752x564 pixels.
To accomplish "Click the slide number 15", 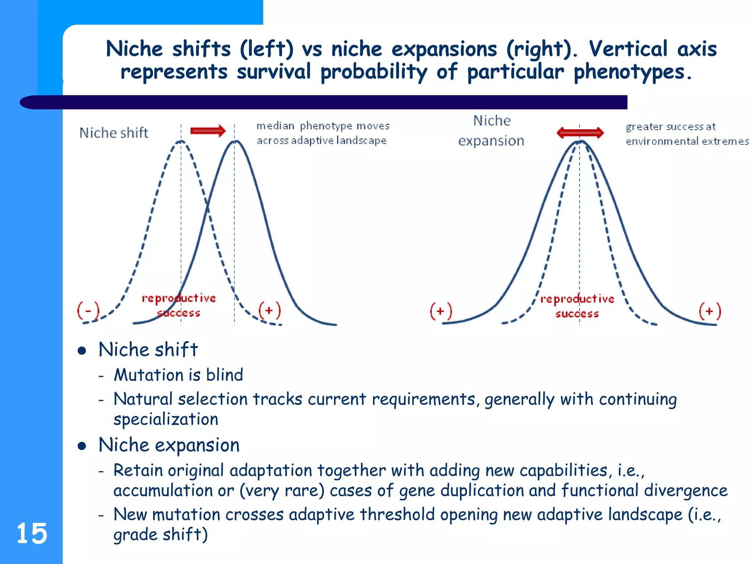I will coord(32,533).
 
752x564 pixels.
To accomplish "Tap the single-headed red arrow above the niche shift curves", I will coord(208,131).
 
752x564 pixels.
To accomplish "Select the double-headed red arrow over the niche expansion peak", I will coord(580,133).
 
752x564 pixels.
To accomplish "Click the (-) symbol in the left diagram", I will coord(88,311).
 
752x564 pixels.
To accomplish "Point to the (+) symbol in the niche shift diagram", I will coord(270,311).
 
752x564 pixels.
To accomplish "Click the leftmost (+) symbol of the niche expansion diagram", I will coord(441,311).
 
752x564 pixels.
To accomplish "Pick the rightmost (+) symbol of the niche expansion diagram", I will coord(709,311).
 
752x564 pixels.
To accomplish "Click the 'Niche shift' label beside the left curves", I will coord(114,133).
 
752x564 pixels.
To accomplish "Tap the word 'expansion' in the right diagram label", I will coord(491,141).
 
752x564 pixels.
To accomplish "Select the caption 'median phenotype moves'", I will coord(323,126).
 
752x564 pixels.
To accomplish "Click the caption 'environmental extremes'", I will coord(687,141).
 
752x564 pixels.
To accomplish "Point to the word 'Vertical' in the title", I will coord(628,49).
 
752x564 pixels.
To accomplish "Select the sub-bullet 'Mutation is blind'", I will coord(178,375).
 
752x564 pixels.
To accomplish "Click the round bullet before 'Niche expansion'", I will coord(82,446).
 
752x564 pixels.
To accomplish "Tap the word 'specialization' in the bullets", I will coord(166,419).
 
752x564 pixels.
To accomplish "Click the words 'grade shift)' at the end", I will coord(160,535).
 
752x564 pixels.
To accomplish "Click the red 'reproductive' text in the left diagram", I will coord(179,298).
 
